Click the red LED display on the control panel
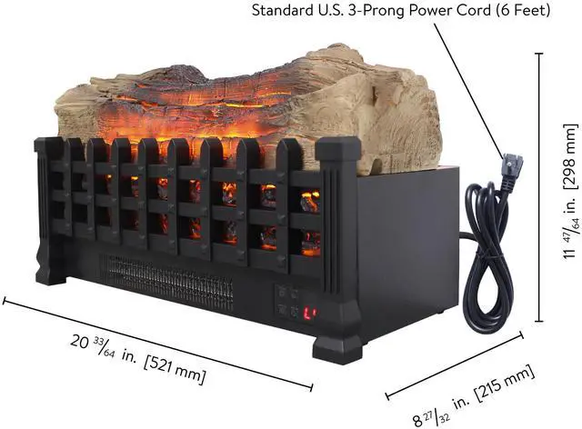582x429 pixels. click(309, 314)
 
